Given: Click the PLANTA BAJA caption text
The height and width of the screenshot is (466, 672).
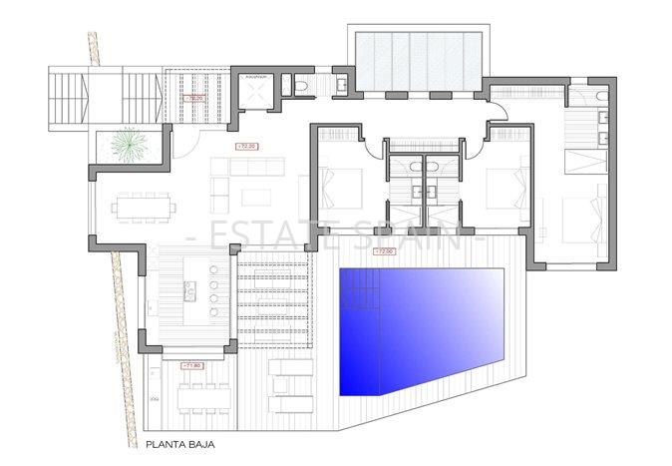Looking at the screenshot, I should click(179, 448).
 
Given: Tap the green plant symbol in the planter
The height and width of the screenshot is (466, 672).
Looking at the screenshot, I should click(127, 146).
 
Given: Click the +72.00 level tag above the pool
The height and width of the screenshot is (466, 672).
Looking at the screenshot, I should click(383, 251).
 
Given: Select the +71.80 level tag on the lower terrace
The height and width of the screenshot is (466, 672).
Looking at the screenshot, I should click(193, 365).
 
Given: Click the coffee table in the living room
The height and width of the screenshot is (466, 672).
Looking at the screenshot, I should click(256, 195).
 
